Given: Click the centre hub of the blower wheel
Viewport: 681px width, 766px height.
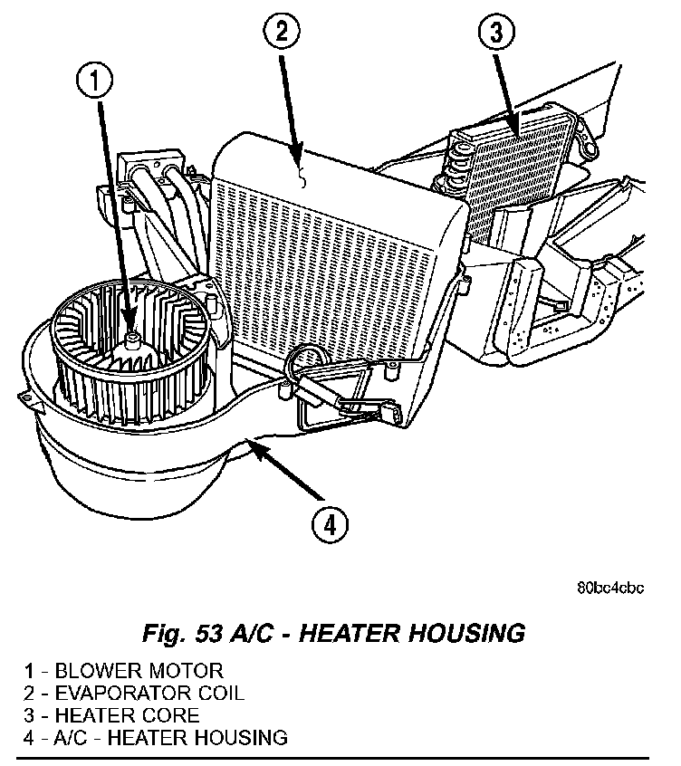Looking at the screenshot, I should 133,340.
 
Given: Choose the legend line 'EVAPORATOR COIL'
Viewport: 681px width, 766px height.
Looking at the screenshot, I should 135,694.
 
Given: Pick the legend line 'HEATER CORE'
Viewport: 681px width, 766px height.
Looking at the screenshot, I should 112,715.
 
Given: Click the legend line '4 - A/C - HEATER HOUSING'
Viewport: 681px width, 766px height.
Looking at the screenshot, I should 156,737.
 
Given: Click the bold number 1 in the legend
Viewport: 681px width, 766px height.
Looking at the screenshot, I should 30,672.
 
